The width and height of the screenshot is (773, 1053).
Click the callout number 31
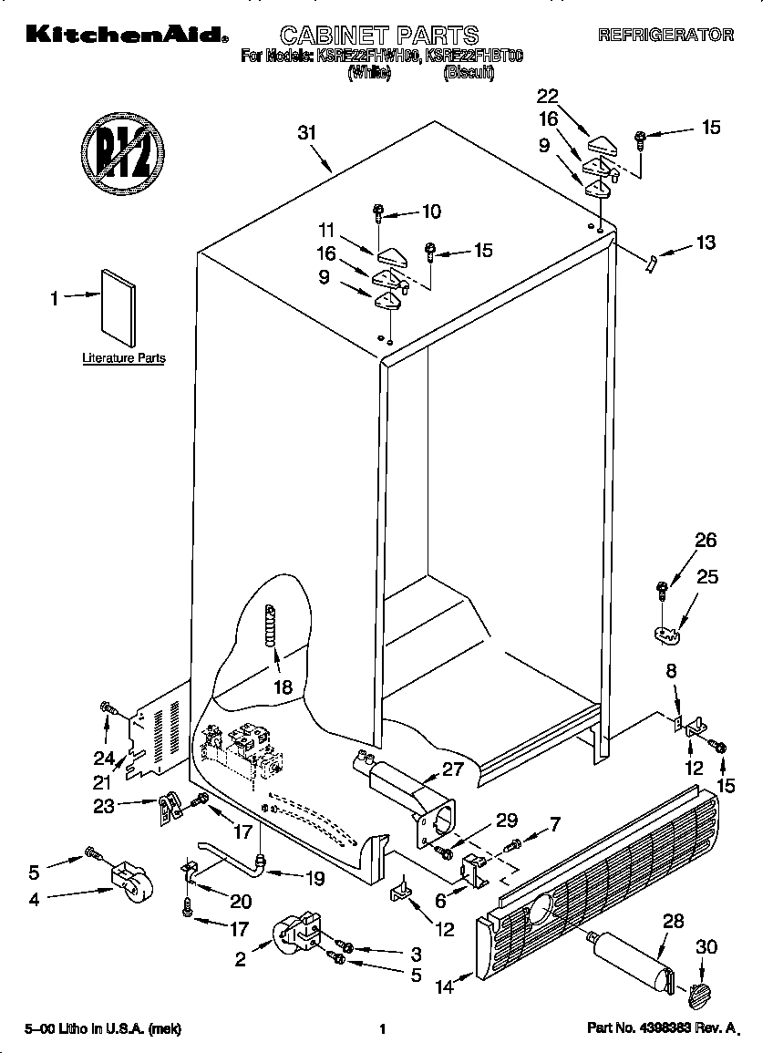click(307, 132)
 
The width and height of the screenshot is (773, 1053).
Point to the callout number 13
click(705, 243)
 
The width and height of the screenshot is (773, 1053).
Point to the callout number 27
click(453, 769)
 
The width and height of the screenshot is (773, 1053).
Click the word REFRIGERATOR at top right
click(665, 36)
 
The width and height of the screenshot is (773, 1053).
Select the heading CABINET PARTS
click(378, 36)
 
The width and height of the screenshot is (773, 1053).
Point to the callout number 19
click(314, 879)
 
